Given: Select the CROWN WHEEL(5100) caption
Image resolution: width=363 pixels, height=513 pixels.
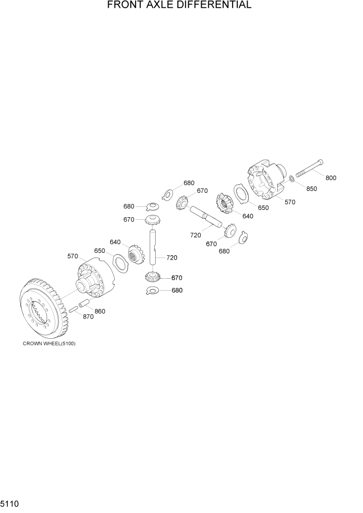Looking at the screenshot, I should (49, 344).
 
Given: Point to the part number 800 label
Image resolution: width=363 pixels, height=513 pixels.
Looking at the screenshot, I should (331, 178).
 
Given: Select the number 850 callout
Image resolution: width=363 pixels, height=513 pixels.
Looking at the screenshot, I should (311, 189).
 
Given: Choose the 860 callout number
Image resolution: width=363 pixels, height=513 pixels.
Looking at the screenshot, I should (100, 311).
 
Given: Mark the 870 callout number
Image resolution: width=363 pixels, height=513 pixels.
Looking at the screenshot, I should (88, 316).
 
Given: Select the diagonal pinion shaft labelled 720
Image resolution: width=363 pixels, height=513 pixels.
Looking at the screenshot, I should (206, 216).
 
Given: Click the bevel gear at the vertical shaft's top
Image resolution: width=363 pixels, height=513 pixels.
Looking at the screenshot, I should (153, 220).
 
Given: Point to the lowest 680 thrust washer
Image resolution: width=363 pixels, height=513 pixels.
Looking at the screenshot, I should (154, 291).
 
